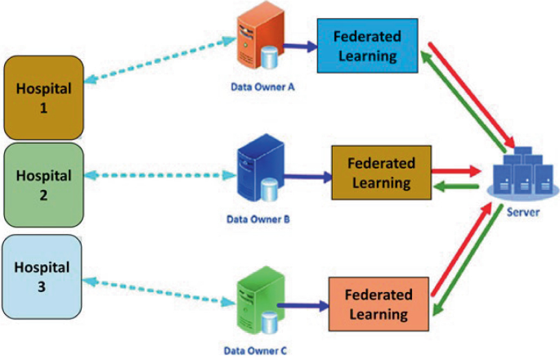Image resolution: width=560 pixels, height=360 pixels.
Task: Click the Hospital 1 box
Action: point(43,97)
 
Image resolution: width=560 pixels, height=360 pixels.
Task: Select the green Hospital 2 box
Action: point(43,185)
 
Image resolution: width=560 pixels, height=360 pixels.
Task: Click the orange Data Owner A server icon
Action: point(256,42)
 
